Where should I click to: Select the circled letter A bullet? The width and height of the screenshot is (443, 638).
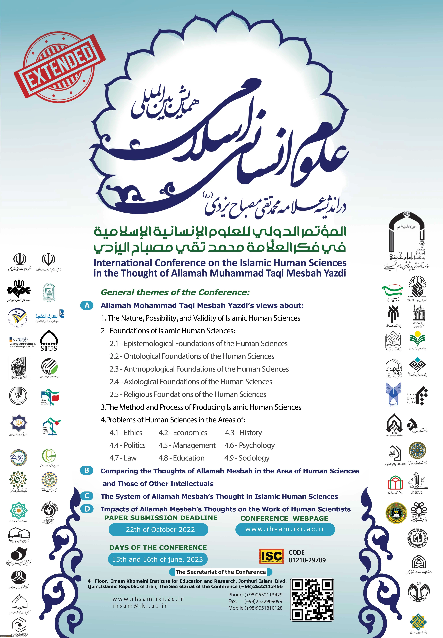pyautogui.click(x=87, y=305)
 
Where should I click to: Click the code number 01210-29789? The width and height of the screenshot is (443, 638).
pyautogui.click(x=307, y=560)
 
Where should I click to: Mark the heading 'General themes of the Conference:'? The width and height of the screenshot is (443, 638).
pyautogui.click(x=175, y=292)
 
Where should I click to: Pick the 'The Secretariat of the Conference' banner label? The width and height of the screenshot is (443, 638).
pyautogui.click(x=220, y=572)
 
